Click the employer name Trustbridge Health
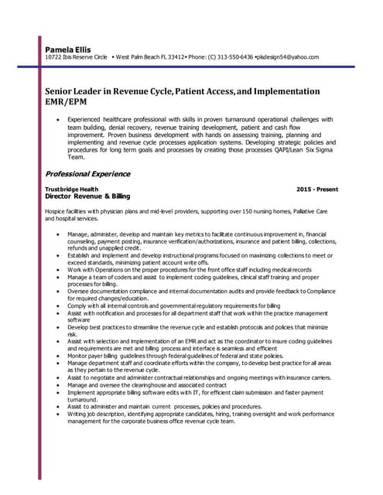(x=72, y=189)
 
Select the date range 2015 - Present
(x=316, y=189)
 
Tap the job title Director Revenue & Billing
(x=87, y=197)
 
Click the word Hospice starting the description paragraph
(x=56, y=211)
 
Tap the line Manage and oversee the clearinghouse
(x=147, y=384)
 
